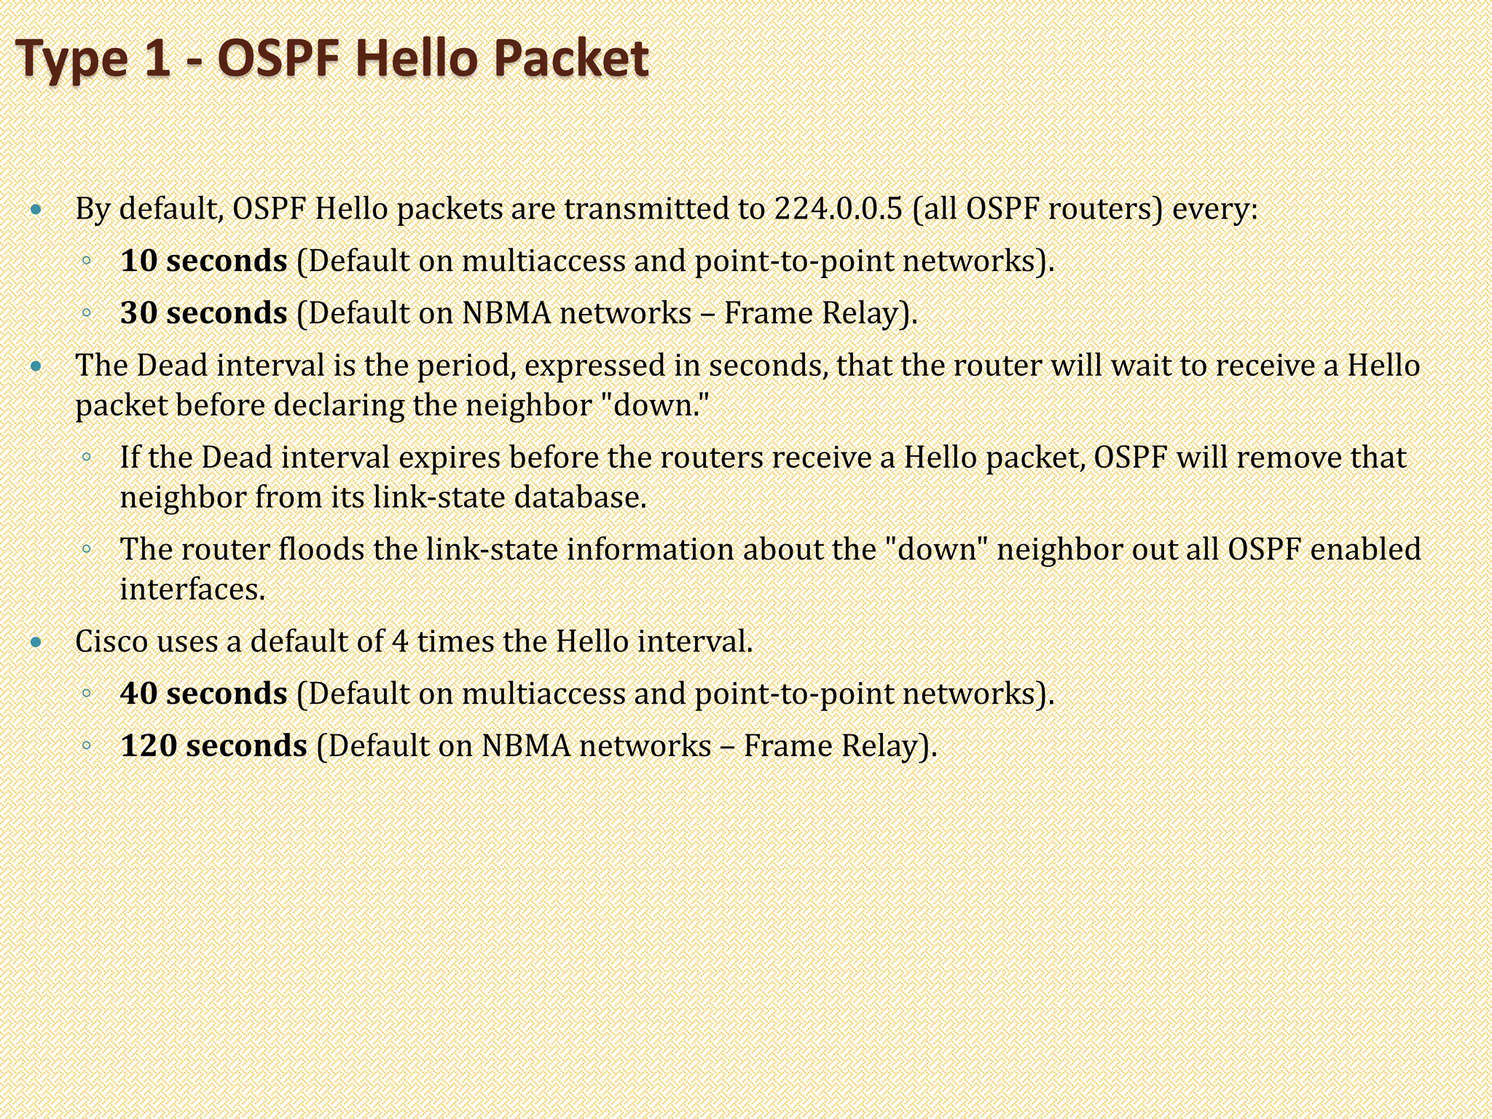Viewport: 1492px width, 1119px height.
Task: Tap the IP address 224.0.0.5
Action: (838, 209)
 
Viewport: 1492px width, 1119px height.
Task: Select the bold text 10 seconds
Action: (204, 261)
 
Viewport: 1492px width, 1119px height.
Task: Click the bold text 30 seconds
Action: (204, 313)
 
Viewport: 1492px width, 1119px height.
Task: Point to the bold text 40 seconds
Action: (204, 694)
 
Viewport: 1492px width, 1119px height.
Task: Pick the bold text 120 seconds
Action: (213, 746)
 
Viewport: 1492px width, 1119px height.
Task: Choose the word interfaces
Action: (192, 589)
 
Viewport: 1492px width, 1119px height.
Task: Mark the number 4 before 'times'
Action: (400, 642)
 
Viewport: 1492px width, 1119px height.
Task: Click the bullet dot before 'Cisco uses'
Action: (37, 643)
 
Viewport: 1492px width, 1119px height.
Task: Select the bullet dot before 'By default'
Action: (37, 211)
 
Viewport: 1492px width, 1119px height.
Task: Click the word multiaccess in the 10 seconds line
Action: (543, 261)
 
